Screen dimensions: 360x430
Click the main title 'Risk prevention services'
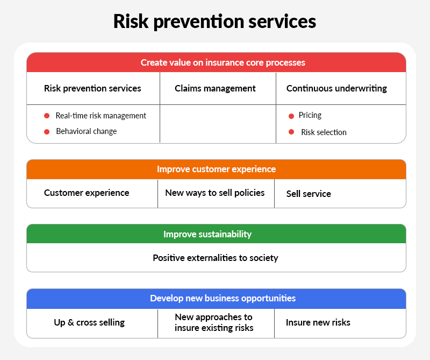(x=214, y=21)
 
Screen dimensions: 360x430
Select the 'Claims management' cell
(x=215, y=88)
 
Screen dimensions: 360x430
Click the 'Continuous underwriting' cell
(x=336, y=88)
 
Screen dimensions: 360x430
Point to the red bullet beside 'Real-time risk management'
(x=47, y=116)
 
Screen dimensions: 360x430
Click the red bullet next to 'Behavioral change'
(x=47, y=131)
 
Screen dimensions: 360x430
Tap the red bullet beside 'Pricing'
(x=291, y=116)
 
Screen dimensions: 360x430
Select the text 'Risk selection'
(x=324, y=132)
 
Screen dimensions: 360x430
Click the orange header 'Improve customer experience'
(x=216, y=169)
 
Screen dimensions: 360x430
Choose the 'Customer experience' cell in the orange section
(x=87, y=193)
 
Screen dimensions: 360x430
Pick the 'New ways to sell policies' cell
(x=215, y=193)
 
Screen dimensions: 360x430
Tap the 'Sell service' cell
(x=309, y=194)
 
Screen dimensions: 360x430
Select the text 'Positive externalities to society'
(x=216, y=258)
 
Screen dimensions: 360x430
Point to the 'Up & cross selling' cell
(x=89, y=323)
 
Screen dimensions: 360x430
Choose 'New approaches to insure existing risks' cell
(x=214, y=322)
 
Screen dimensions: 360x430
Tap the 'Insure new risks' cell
(x=318, y=323)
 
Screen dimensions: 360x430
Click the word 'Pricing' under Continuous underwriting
(x=310, y=115)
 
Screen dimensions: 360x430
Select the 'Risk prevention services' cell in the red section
(x=92, y=88)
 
